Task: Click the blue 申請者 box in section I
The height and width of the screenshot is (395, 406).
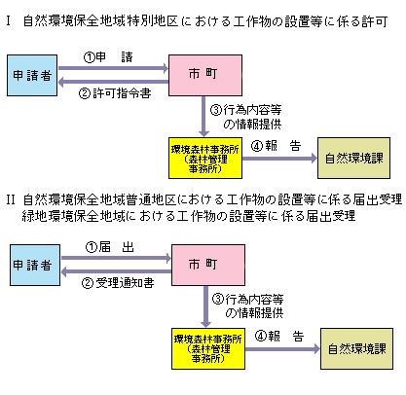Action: click(x=32, y=75)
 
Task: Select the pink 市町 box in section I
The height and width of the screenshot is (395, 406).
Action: click(x=205, y=75)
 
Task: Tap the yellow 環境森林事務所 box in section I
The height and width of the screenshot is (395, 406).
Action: click(x=205, y=158)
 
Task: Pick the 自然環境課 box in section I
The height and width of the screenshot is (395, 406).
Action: click(x=353, y=158)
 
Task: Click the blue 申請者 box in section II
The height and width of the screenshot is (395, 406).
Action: click(x=35, y=265)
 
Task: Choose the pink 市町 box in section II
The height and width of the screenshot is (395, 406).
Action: click(x=208, y=265)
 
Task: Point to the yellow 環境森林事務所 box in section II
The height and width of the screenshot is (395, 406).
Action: click(x=208, y=348)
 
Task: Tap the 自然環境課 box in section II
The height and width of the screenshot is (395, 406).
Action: click(x=356, y=348)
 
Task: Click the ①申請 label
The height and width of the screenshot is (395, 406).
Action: click(x=108, y=57)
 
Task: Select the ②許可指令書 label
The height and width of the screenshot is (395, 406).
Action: click(x=115, y=93)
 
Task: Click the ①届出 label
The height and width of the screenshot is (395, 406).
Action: click(x=110, y=247)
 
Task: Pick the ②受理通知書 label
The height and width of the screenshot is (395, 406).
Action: click(x=118, y=283)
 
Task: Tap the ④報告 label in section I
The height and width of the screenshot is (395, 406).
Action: click(x=276, y=146)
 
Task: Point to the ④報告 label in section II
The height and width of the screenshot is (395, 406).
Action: click(x=279, y=336)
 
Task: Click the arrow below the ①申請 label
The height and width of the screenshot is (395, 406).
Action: click(x=113, y=68)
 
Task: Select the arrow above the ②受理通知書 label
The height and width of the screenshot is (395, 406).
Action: click(x=116, y=271)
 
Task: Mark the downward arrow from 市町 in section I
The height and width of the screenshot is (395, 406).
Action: click(x=203, y=117)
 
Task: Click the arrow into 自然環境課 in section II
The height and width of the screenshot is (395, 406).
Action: click(x=282, y=349)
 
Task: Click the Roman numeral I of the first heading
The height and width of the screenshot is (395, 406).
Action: click(x=8, y=21)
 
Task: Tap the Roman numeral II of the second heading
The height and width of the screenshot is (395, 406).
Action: click(x=11, y=199)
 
